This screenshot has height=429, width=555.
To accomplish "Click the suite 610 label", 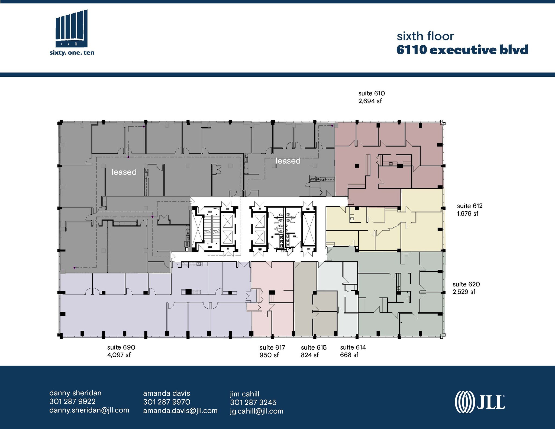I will click(372, 93).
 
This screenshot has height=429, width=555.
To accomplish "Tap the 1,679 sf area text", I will click(467, 214).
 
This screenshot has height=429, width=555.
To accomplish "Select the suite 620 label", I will click(466, 284).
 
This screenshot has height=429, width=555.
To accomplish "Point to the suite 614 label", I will click(353, 347).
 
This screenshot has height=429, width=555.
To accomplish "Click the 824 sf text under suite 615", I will click(309, 355).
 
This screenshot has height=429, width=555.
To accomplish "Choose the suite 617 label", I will click(272, 347).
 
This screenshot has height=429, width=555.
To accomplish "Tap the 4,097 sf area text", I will click(119, 355).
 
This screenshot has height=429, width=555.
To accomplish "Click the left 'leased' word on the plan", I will click(124, 172).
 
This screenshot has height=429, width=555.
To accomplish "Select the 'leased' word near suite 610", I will click(288, 161).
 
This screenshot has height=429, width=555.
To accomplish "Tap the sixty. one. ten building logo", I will click(72, 33).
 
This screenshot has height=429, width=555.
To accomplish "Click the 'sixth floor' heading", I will click(425, 37).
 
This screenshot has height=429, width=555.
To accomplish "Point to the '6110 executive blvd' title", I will click(462, 50).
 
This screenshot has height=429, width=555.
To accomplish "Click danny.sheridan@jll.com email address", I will click(89, 410).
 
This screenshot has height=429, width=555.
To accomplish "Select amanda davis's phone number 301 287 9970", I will click(166, 402).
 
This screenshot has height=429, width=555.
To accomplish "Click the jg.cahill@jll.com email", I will click(257, 411).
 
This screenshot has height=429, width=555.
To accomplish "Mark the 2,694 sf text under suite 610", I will click(370, 101).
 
